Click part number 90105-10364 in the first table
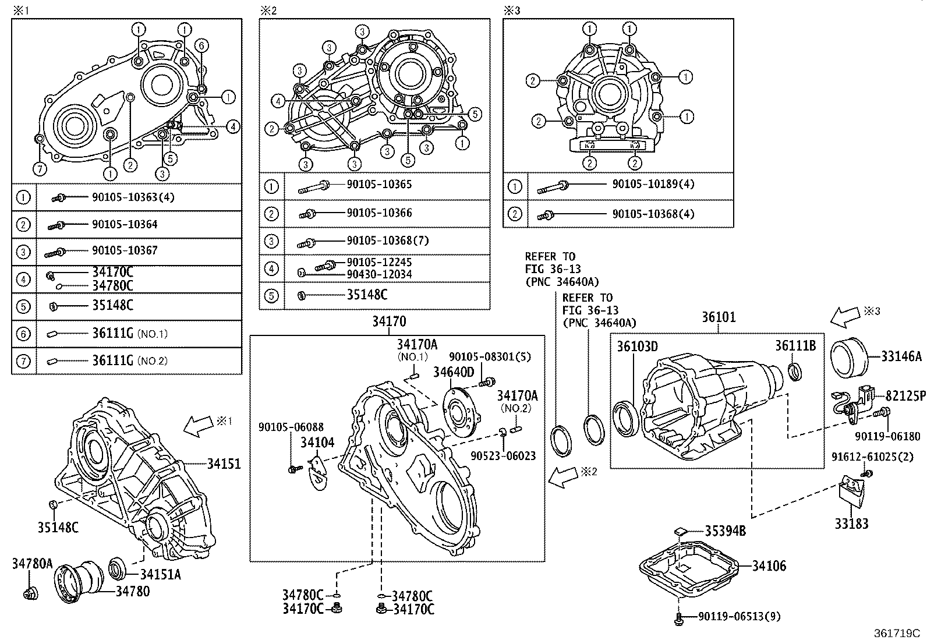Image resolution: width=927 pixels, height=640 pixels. click(x=124, y=224)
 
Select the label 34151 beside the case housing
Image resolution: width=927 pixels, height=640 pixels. click(x=224, y=464)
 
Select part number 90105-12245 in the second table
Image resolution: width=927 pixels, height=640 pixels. click(x=379, y=263)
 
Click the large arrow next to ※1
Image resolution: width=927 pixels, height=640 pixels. click(x=199, y=427)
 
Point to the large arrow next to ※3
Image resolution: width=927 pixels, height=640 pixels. click(x=845, y=318)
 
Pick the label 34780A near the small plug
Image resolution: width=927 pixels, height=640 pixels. click(x=32, y=564)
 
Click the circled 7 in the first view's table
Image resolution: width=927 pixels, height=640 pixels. click(x=23, y=361)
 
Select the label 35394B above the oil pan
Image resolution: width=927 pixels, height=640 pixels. click(x=725, y=531)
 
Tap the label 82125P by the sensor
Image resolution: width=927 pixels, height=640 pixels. click(x=905, y=396)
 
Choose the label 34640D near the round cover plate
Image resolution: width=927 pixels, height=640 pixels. click(x=454, y=372)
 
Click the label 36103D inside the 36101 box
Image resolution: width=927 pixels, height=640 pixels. click(x=637, y=347)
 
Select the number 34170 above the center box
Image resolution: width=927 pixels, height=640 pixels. click(x=390, y=321)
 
